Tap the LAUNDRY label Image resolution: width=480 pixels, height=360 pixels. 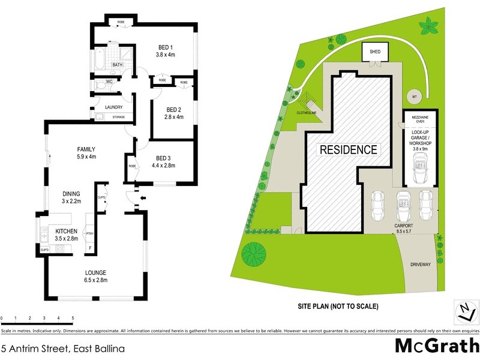tap(113, 107)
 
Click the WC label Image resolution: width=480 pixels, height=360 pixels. tap(109, 81)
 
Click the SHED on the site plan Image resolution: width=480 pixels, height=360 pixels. tap(375, 52)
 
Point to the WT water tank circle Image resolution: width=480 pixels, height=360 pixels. tap(414, 96)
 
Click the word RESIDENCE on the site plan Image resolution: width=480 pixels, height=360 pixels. tap(348, 150)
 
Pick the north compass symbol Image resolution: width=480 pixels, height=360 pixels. tap(462, 311)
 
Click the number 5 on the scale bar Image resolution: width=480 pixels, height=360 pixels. tap(73, 317)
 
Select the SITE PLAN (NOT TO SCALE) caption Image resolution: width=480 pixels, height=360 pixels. tap(338, 307)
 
